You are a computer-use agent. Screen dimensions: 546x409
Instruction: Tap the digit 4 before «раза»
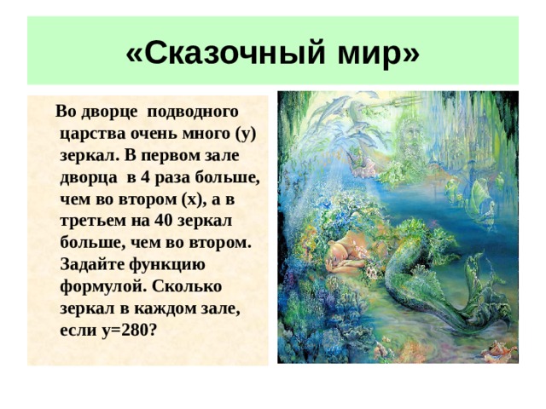point(144,177)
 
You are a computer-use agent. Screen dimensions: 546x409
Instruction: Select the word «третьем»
point(93,221)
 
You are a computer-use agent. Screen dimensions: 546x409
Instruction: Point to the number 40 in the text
point(163,221)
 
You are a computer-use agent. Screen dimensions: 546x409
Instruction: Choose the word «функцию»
point(167,265)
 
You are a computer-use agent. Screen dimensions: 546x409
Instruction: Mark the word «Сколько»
point(187,286)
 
